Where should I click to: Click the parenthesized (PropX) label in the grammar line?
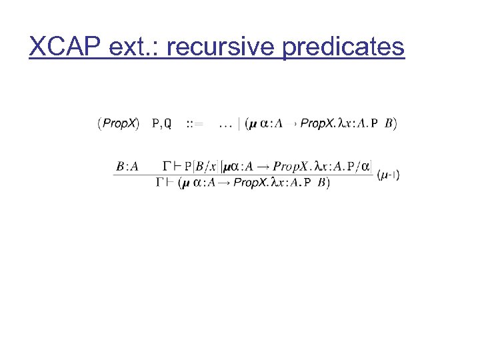[119, 123]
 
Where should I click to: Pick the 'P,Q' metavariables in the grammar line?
[162, 123]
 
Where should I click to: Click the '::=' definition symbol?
[195, 123]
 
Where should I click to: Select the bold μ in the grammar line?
[253, 123]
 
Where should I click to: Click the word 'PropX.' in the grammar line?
[317, 123]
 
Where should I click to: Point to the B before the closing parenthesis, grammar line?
[389, 123]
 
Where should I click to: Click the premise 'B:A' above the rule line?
[127, 165]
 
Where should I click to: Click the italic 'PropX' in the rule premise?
[294, 165]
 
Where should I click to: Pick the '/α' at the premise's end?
[363, 165]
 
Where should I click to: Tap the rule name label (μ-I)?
[388, 175]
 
